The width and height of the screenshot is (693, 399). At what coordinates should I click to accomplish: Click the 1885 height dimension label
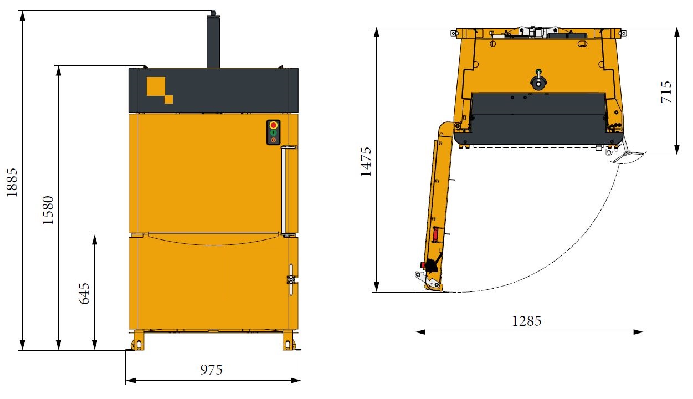pyautogui.click(x=12, y=183)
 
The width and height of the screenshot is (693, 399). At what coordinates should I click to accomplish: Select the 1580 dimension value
pyautogui.click(x=48, y=210)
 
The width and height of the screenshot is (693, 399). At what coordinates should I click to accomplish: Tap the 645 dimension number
pyautogui.click(x=84, y=294)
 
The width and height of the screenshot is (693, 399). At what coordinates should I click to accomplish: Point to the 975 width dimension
pyautogui.click(x=211, y=370)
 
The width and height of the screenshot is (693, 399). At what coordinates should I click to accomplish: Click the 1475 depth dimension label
pyautogui.click(x=366, y=162)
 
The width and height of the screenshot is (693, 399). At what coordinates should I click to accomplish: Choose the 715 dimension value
pyautogui.click(x=666, y=92)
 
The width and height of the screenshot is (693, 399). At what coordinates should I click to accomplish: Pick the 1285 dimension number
pyautogui.click(x=527, y=321)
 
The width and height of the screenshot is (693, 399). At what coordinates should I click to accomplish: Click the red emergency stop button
pyautogui.click(x=274, y=125)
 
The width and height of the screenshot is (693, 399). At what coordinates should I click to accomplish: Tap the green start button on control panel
pyautogui.click(x=274, y=133)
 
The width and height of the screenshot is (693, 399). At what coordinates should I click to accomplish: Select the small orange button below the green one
pyautogui.click(x=274, y=140)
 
